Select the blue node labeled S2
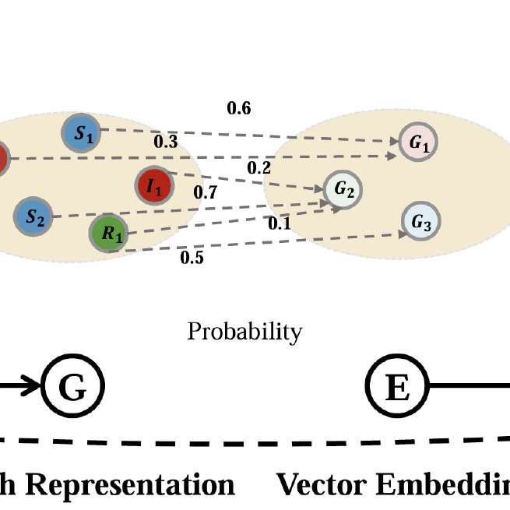tap(34, 216)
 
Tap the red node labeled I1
tap(153, 186)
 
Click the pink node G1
tap(418, 142)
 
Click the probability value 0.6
tap(238, 109)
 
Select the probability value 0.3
tap(165, 141)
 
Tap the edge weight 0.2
tap(259, 167)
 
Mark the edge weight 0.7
tap(206, 192)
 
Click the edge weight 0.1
tap(278, 223)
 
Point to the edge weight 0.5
tap(192, 258)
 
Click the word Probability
tap(244, 332)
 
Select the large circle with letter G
tap(72, 386)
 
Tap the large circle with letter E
tap(397, 386)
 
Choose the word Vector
tap(320, 484)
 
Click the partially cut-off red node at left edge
tap(2, 159)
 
